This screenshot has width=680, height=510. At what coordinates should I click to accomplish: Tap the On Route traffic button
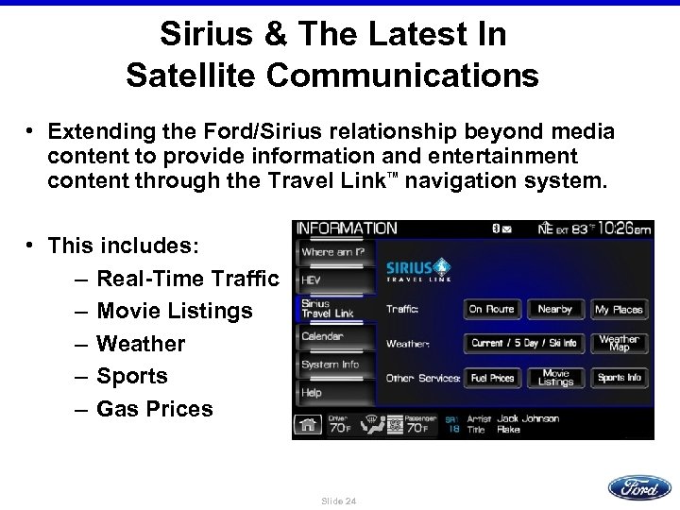click(492, 309)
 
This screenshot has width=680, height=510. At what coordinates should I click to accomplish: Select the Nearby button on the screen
click(555, 309)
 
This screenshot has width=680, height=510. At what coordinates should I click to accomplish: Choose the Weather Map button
click(620, 342)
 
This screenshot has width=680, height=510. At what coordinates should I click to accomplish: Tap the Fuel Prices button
click(492, 378)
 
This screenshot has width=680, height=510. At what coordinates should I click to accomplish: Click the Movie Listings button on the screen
click(555, 378)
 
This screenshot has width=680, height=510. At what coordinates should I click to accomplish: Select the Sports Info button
click(620, 378)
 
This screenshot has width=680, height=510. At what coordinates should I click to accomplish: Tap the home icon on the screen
click(306, 424)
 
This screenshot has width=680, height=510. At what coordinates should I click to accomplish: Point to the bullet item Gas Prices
click(154, 409)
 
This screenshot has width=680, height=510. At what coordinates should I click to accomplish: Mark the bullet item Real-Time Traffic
click(188, 279)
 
